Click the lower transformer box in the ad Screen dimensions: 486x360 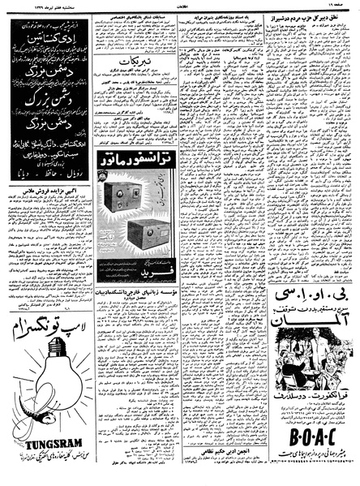[146, 234]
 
